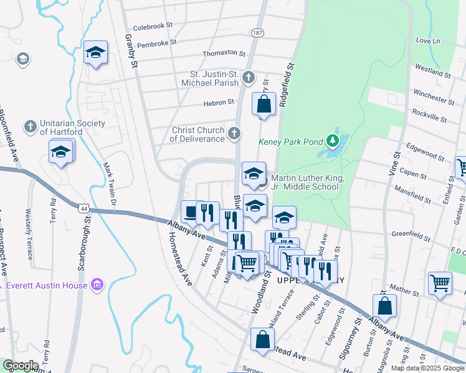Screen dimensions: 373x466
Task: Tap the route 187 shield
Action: click(257, 32)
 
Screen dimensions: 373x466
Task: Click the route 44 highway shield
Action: click(83, 207)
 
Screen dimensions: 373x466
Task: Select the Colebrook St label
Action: click(153, 27)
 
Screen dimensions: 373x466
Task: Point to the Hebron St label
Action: click(218, 102)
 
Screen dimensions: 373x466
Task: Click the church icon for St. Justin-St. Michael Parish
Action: click(249, 78)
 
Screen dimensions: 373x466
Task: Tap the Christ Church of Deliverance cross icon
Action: click(234, 133)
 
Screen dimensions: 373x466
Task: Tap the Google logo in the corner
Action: click(20, 366)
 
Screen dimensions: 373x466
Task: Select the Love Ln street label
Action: click(427, 41)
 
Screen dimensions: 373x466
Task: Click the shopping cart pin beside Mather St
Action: click(440, 283)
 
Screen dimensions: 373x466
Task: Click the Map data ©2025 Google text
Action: click(427, 368)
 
